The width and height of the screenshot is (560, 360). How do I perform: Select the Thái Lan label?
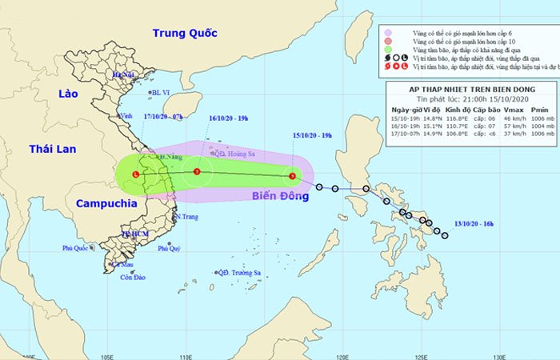pos(51,150)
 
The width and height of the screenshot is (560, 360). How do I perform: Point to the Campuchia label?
pos(106,203)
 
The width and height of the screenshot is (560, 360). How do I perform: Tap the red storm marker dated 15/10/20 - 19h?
pos(293,176)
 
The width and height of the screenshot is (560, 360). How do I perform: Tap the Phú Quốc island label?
pos(78,248)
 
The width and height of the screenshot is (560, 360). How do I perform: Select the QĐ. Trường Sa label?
pos(242,273)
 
